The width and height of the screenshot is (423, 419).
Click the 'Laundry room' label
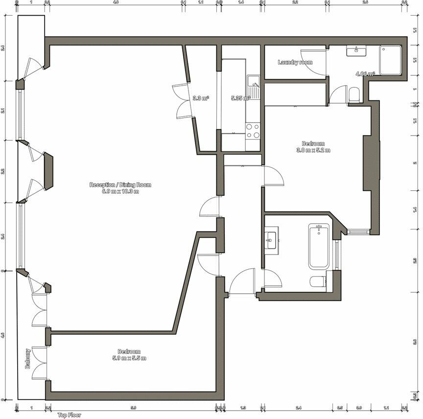(295, 62)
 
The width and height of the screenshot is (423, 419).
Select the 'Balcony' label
(28, 358)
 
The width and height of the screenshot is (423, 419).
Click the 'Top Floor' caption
(69, 415)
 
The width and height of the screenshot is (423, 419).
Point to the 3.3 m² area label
(201, 98)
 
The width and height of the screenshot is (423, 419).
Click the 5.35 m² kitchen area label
(240, 98)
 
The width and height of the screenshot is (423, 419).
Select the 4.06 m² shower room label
(365, 74)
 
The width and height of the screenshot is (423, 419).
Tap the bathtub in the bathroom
(319, 246)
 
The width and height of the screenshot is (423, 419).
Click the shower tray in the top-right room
(390, 61)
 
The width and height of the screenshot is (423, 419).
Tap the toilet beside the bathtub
(317, 281)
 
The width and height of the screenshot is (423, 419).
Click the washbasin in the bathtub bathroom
(271, 238)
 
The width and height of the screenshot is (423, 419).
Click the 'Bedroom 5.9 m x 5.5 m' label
(129, 355)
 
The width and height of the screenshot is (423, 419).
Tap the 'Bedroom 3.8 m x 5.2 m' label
(313, 147)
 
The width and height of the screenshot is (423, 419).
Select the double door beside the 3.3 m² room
(182, 101)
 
